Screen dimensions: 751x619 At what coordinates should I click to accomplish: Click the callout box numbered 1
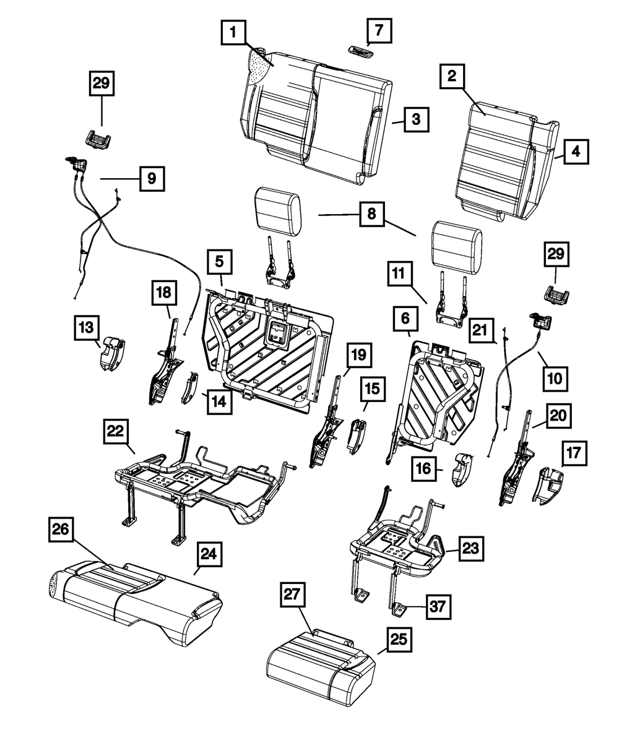232,33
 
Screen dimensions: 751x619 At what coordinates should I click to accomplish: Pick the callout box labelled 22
116,431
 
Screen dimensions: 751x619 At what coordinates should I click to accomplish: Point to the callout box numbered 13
86,327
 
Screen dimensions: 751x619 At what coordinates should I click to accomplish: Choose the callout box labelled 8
371,215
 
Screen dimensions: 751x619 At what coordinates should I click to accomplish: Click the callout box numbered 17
574,453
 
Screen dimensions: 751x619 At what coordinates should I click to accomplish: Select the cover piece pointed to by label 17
549,486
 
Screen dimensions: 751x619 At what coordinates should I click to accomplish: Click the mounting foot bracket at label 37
397,609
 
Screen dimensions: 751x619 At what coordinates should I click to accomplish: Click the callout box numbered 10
555,377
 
